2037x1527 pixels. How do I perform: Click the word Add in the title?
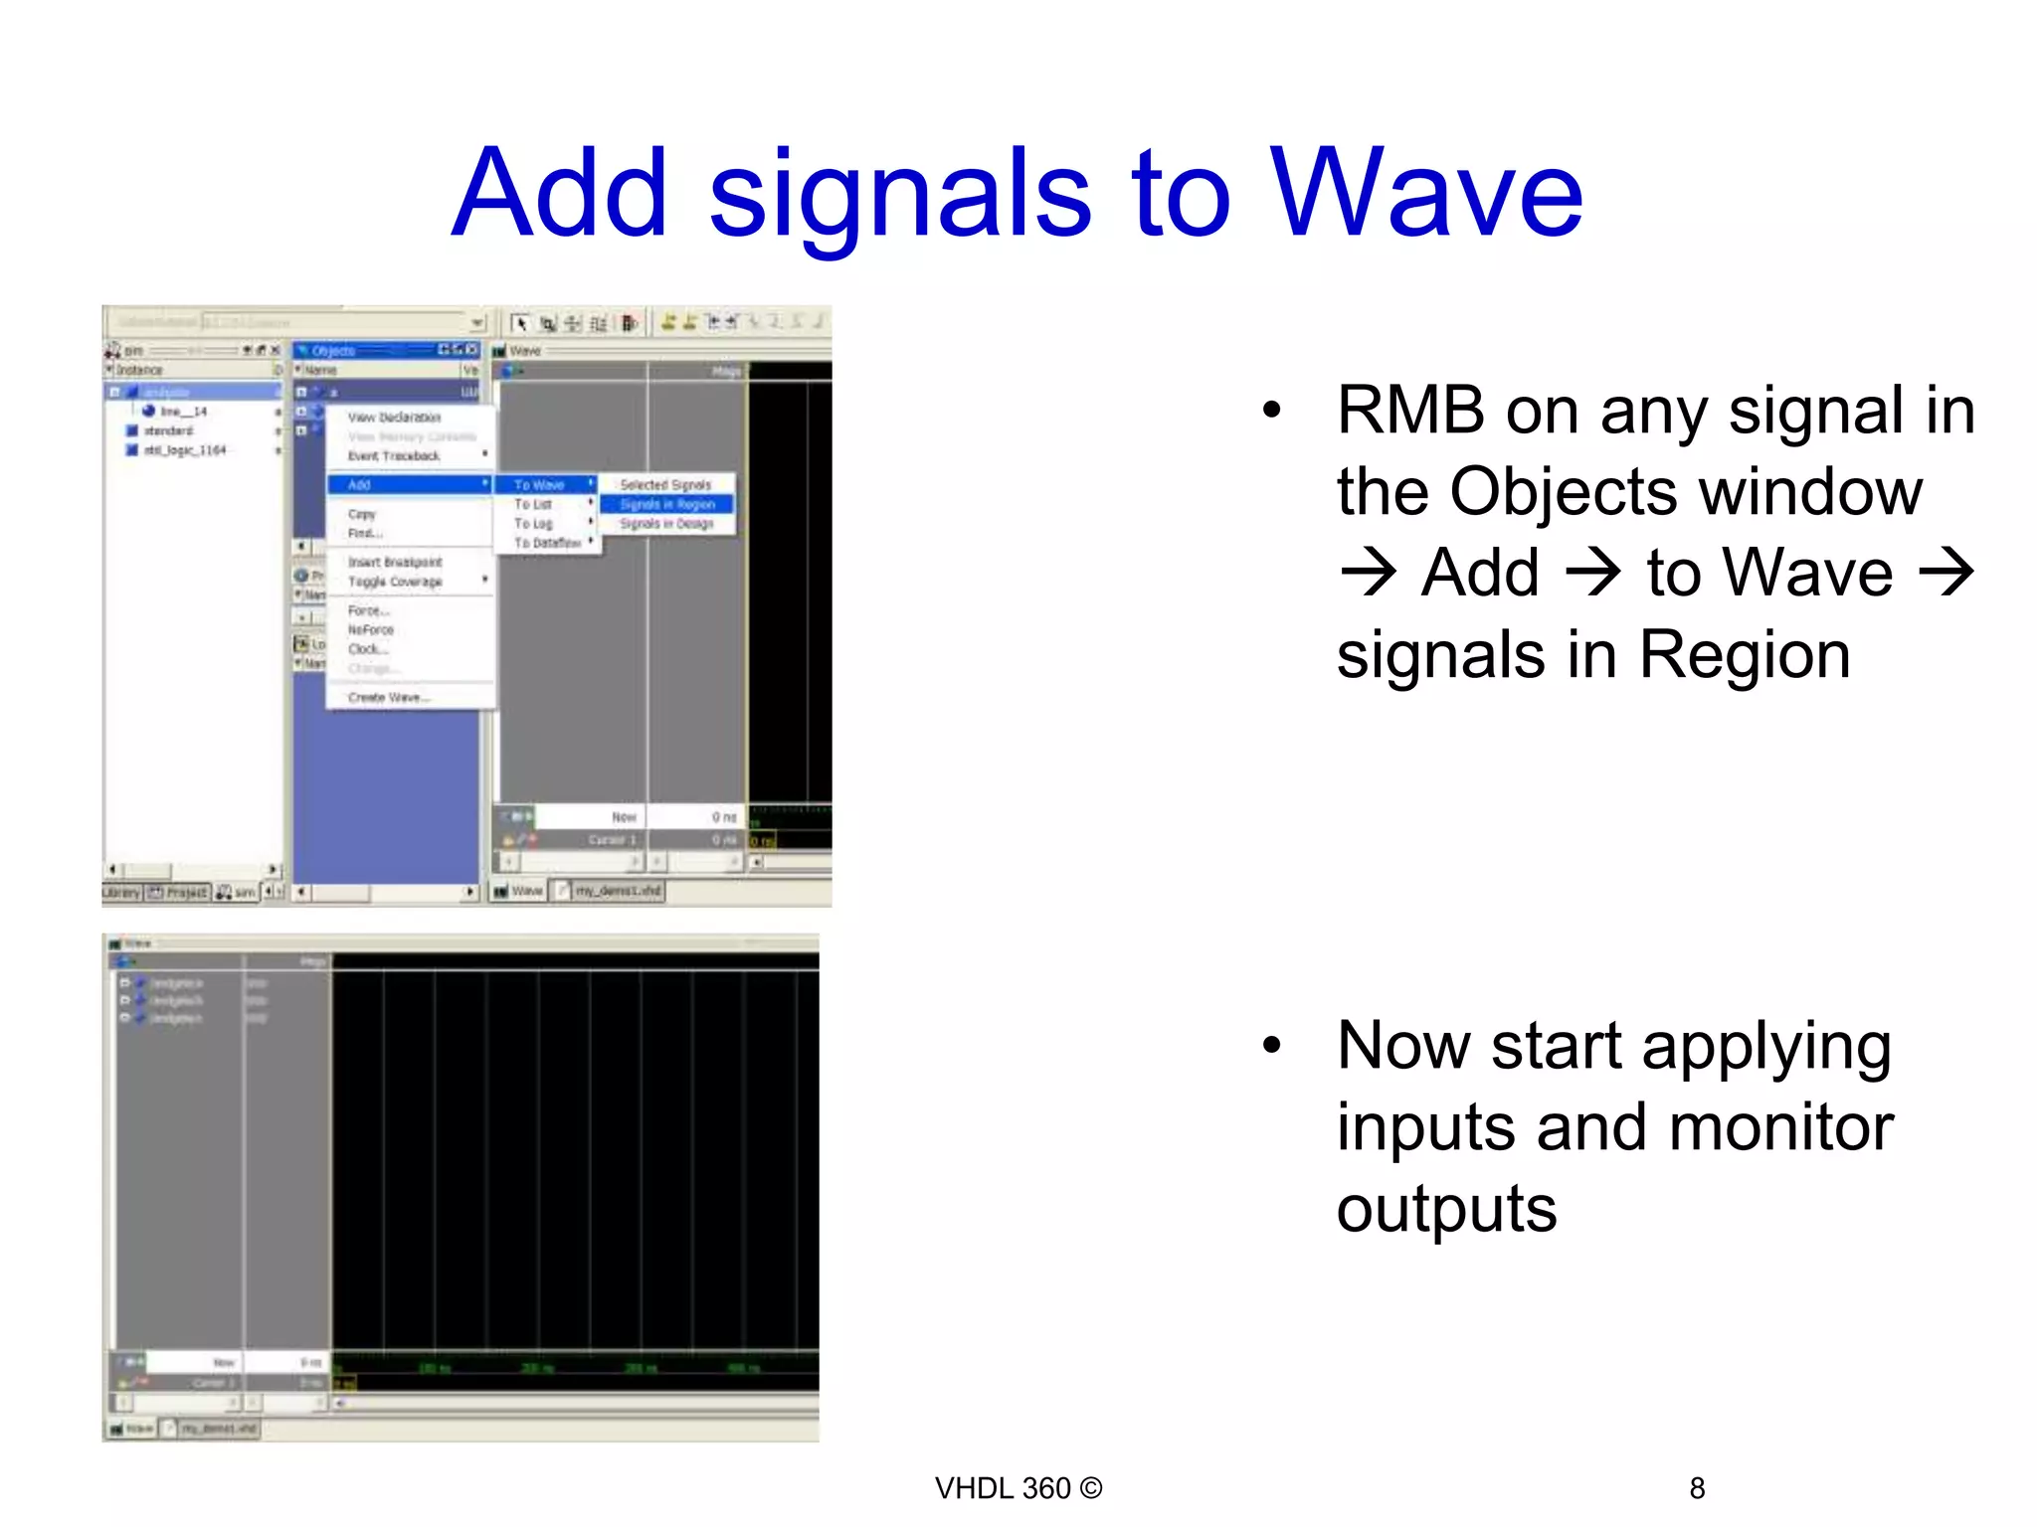point(559,193)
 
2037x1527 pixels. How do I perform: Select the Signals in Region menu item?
point(667,504)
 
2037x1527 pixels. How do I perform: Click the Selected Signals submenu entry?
point(665,484)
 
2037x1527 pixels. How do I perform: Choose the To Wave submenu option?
point(539,484)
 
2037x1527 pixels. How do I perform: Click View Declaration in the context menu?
point(394,418)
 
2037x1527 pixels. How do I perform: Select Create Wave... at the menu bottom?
point(388,697)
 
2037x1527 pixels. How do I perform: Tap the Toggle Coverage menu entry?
point(395,582)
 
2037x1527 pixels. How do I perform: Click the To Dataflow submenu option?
point(547,543)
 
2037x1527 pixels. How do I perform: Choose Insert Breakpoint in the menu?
point(395,562)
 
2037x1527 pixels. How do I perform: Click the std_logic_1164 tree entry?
point(185,450)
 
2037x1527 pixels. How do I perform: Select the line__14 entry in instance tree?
point(183,411)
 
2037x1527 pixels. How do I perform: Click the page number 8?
point(1697,1488)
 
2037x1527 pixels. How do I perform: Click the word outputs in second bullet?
point(1446,1209)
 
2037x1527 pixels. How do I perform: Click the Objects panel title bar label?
point(333,350)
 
